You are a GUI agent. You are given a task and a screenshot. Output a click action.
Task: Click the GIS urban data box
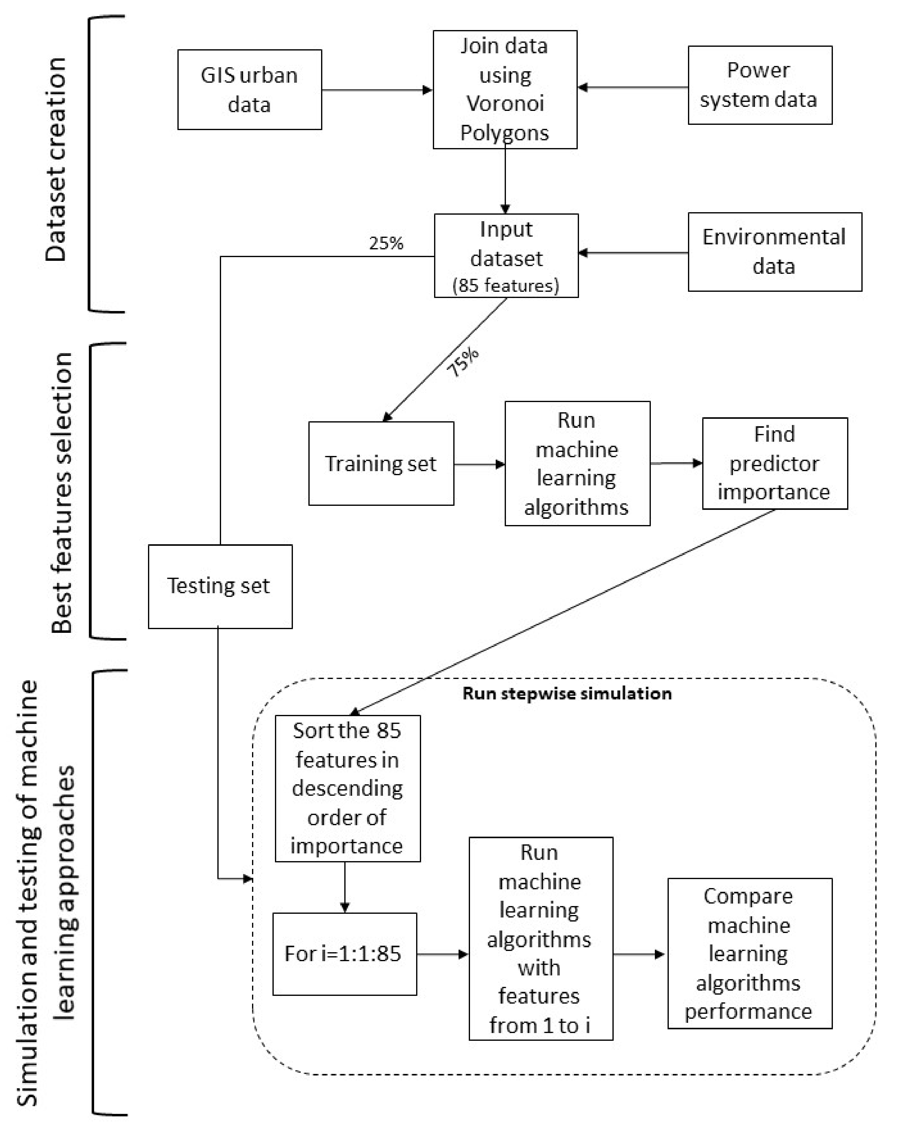[x=250, y=90]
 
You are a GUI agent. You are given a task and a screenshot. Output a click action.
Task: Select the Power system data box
[x=760, y=85]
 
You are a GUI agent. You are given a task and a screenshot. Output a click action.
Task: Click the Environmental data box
[x=774, y=252]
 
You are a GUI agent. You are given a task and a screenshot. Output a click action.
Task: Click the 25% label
[x=386, y=243]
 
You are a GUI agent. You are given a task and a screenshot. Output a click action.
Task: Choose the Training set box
[x=381, y=463]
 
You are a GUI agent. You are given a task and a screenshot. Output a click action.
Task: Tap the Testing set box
[x=220, y=586]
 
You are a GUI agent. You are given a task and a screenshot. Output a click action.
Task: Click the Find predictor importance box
[x=774, y=463]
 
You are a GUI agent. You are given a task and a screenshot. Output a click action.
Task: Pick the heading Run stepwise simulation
[x=567, y=694]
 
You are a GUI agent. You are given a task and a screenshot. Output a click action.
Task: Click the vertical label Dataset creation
[x=56, y=160]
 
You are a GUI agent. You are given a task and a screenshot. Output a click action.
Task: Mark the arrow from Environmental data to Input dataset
[x=633, y=253]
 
